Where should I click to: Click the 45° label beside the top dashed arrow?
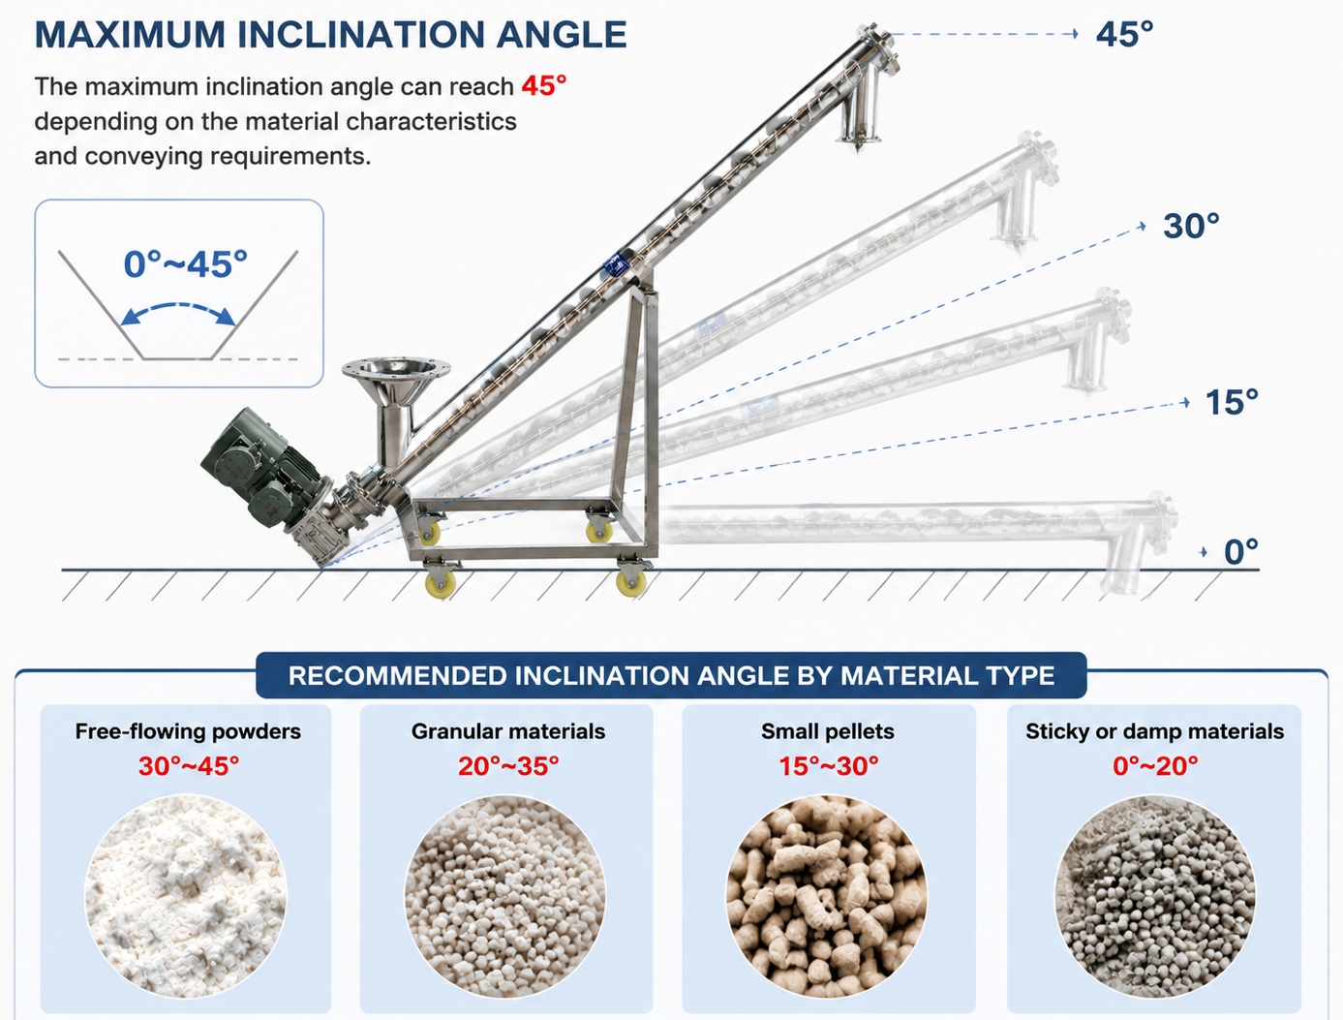pos(1124,34)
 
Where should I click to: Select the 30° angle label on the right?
pos(1191,226)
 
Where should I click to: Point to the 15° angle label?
pos(1232,402)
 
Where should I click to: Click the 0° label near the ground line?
pos(1240,551)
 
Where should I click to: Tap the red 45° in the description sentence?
pos(544,86)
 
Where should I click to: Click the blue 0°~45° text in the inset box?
pos(185,264)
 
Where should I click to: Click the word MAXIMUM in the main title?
pos(131,34)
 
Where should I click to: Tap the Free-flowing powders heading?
pos(188,731)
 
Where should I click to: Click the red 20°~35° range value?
pos(508,766)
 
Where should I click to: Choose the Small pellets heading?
pos(828,731)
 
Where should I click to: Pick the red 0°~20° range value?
pos(1155,766)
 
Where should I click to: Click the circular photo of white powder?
pos(185,896)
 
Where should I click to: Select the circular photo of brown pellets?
pos(827,896)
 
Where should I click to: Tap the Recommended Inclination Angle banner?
pos(671,675)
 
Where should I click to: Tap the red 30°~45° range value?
pos(189,766)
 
